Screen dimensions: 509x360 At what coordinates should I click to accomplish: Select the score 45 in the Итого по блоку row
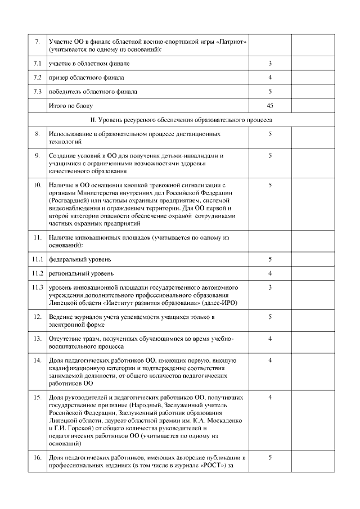click(x=270, y=105)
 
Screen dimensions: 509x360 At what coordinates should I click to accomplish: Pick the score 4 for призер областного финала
click(x=270, y=77)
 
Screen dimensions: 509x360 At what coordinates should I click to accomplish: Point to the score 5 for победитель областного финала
click(x=270, y=91)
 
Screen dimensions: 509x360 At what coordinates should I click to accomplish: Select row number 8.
click(x=37, y=134)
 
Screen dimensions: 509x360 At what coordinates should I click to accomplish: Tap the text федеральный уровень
click(x=79, y=259)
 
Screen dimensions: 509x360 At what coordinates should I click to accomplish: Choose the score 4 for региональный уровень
click(x=270, y=273)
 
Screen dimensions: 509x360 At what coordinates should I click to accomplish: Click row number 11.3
click(x=37, y=288)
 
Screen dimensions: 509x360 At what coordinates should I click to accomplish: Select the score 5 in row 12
click(x=270, y=317)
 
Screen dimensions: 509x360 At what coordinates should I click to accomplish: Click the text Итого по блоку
click(x=70, y=105)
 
